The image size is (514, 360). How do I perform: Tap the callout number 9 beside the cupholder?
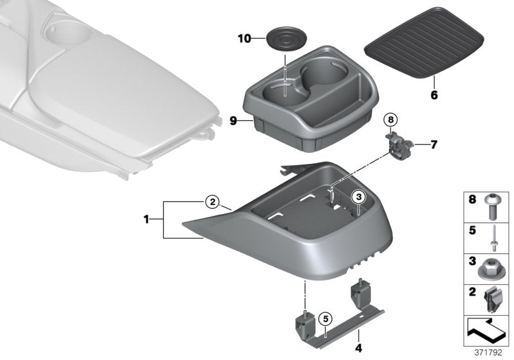(x=233, y=120)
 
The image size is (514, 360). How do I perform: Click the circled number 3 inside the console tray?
(x=359, y=197)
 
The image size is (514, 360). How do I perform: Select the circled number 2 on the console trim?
(x=213, y=202)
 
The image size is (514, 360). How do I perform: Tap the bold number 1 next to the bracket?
(x=146, y=220)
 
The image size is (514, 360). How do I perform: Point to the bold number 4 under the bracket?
(x=359, y=348)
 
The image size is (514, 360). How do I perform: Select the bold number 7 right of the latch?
(x=433, y=144)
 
